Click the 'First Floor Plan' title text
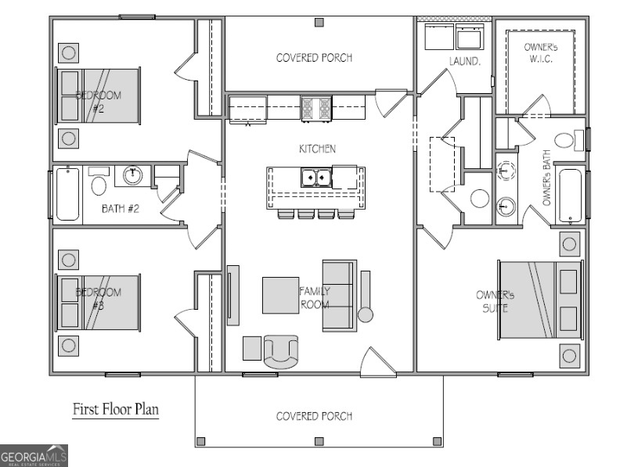(116, 408)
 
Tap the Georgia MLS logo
(34, 455)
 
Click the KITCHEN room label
(317, 149)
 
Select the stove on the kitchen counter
(316, 106)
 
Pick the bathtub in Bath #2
(67, 194)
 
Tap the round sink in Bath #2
(133, 175)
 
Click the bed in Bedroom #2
(99, 95)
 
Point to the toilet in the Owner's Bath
(580, 140)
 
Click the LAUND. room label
(464, 60)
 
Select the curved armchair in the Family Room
(281, 351)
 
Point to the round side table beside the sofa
(366, 315)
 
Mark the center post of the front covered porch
(319, 442)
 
